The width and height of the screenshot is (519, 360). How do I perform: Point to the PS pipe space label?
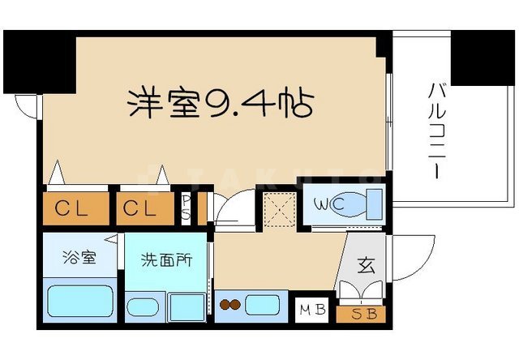click(x=186, y=209)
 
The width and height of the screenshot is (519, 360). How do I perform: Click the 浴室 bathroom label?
click(x=79, y=259)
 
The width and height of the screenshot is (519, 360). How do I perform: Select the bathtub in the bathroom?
click(x=79, y=302)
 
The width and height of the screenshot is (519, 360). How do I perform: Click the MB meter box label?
click(x=314, y=311)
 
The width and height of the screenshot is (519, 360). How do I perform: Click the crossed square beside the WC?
click(x=278, y=206)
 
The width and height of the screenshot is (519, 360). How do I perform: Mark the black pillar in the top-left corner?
click(x=39, y=62)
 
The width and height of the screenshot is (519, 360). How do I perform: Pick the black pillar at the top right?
click(x=484, y=56)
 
